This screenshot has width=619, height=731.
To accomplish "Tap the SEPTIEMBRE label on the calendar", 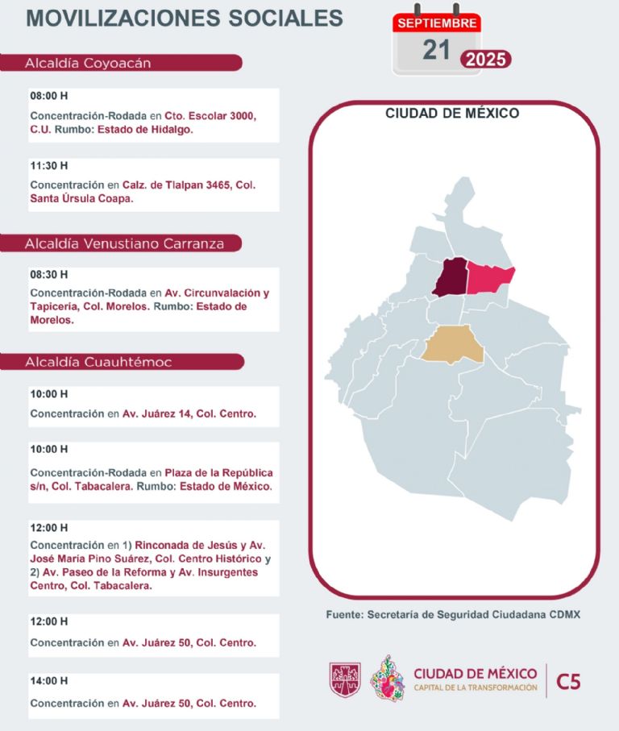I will click(x=437, y=23).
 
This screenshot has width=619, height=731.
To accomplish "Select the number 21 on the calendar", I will click(x=436, y=50).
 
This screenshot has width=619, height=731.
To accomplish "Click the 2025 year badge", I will click(x=485, y=59).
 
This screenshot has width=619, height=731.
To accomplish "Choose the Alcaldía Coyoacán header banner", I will click(x=121, y=63).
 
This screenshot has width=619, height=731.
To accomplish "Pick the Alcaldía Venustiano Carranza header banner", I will click(x=121, y=243).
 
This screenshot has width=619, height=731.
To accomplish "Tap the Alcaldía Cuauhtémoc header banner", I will click(x=121, y=362).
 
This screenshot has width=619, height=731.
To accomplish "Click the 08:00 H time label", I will click(x=49, y=96).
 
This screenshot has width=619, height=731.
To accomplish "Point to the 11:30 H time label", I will click(x=49, y=166).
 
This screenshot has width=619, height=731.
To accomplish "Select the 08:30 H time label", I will click(x=49, y=274).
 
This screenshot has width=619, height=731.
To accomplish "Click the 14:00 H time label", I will click(x=49, y=681).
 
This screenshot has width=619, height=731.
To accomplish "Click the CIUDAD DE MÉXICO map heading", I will click(x=452, y=114).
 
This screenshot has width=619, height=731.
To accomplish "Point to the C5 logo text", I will click(x=568, y=682).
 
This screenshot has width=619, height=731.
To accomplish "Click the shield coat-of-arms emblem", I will click(x=345, y=679).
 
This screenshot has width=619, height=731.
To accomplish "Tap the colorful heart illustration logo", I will click(x=387, y=679).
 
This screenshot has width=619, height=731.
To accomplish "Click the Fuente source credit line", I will click(x=453, y=615).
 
